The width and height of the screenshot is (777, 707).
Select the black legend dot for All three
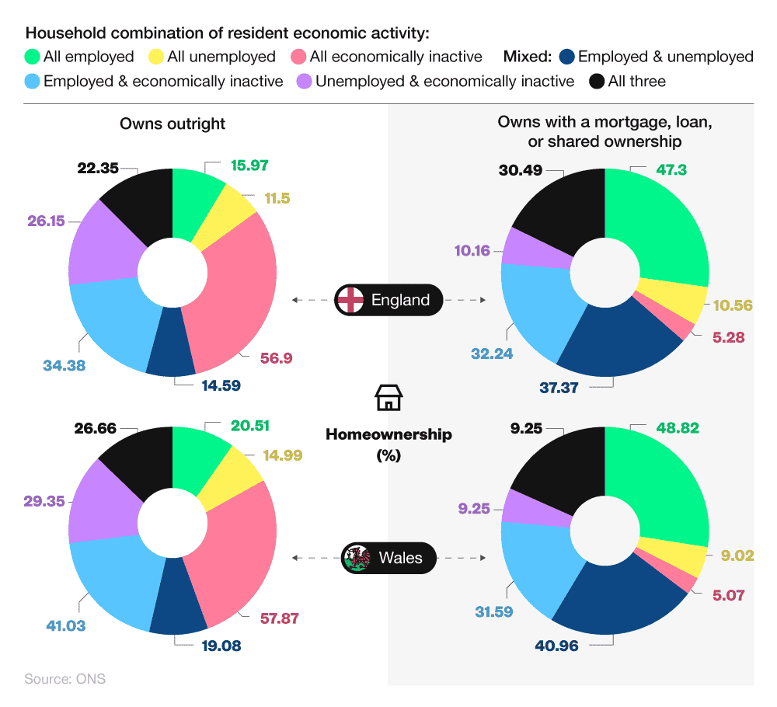[597, 81]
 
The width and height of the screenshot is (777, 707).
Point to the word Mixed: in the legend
[528, 57]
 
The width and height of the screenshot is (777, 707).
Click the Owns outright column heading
[172, 124]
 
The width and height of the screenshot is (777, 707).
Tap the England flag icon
[350, 300]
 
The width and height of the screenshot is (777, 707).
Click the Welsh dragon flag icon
[357, 557]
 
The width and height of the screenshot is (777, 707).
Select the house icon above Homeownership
[388, 397]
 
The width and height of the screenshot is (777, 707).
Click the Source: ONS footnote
[64, 678]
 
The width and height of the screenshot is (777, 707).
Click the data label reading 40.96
[557, 645]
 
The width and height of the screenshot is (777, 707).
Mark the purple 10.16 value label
[472, 250]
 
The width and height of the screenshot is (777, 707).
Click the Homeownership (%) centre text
[388, 444]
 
